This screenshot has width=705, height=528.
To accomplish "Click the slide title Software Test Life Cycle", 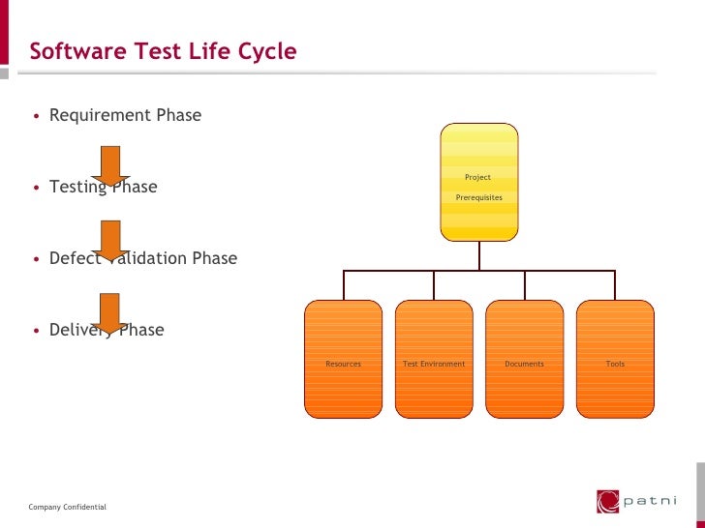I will coord(163,51).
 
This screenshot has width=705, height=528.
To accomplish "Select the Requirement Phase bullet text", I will coord(125,115).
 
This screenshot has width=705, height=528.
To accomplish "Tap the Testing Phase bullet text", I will coord(103,187).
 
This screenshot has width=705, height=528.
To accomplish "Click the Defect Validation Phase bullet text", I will coord(142,258).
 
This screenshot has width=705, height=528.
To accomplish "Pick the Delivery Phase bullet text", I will coord(107,330).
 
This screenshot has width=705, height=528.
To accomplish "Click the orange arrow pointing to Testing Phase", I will coord(110,165).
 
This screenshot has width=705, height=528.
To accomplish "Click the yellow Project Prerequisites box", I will coord(478,182).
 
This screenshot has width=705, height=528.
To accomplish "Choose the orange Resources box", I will coord(344,359).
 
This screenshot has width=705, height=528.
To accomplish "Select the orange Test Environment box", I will coord(434,359).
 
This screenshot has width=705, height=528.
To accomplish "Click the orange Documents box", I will coord(524,359).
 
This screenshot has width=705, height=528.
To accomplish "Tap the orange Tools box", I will coord(615,359).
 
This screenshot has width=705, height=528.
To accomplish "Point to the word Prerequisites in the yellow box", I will coord(478,197).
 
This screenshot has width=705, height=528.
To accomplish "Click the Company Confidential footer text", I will coord(68,508).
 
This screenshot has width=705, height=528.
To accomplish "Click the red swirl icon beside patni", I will coord(607,501).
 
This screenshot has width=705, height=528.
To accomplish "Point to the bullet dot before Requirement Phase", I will coord(37,116).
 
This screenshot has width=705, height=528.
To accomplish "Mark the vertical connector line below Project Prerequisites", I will coord(478,255).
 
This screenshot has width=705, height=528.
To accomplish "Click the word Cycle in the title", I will coord(266,51).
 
